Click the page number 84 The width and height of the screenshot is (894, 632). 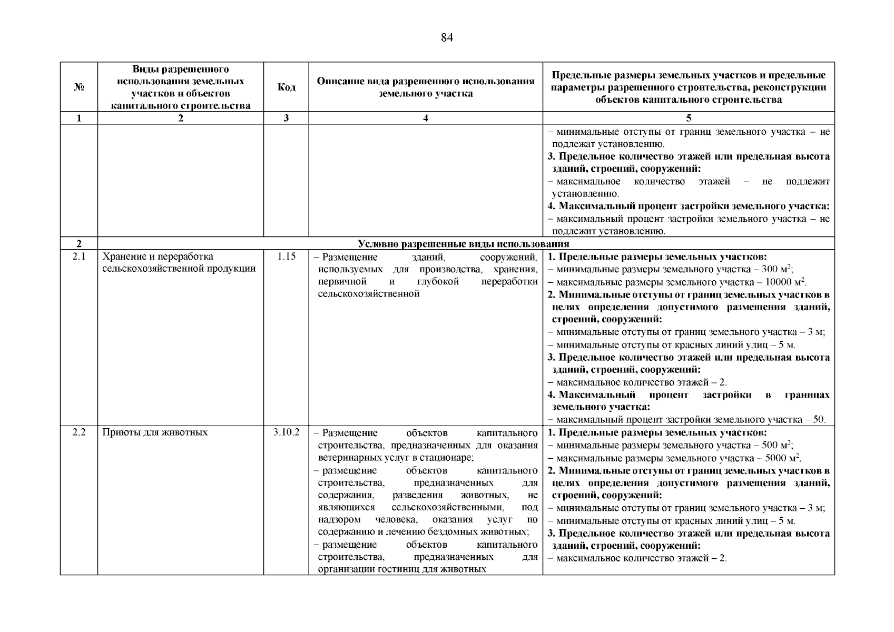point(447,38)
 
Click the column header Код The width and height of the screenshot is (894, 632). point(286,87)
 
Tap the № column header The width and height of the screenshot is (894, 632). point(79,87)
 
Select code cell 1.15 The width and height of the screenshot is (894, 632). point(286,256)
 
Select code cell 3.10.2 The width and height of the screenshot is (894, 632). point(286,432)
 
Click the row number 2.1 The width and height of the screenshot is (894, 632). point(79,256)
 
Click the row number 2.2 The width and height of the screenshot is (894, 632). point(79,432)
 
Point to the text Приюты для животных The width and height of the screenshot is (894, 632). point(155,432)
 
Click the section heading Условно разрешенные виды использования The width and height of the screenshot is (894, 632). point(464,244)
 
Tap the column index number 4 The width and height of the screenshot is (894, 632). point(426,118)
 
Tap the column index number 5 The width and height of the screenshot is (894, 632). point(689,118)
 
